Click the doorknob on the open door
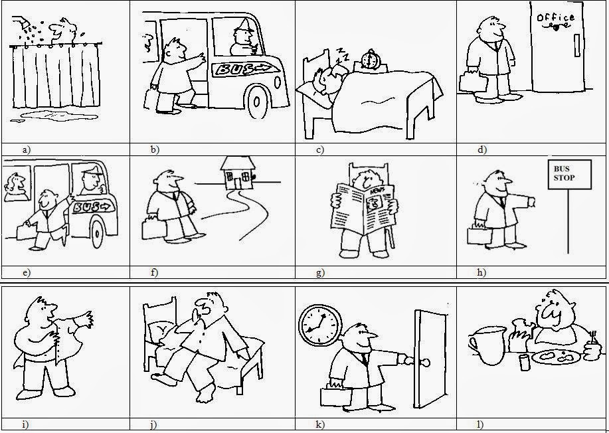(x=423, y=362)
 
